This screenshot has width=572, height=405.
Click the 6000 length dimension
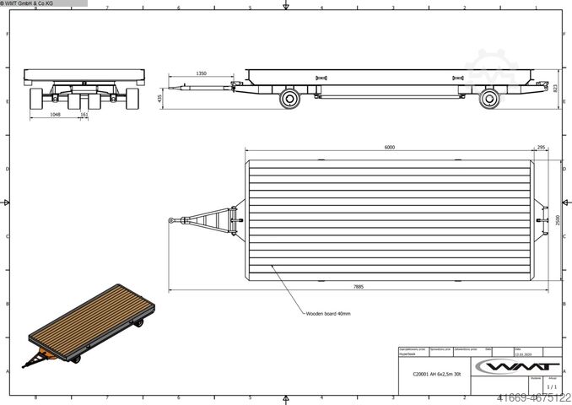tap(389, 147)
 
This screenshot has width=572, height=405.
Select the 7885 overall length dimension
tap(359, 287)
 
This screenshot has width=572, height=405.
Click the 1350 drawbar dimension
tap(201, 74)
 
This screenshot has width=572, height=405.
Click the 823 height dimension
tap(556, 86)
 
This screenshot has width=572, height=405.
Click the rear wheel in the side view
tap(489, 99)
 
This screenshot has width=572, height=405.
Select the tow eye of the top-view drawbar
tap(172, 220)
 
